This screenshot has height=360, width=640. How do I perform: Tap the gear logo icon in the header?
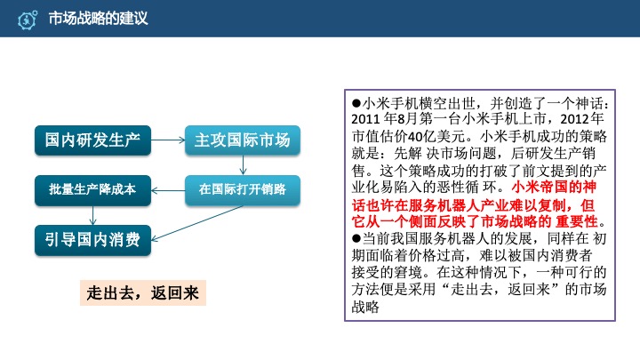pos(28,19)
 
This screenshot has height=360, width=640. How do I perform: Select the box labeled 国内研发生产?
pos(93,140)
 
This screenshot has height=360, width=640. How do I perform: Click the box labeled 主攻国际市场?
pos(243,140)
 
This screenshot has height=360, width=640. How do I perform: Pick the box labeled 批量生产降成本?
pos(93,188)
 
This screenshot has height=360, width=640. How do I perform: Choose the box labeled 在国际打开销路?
pos(243,188)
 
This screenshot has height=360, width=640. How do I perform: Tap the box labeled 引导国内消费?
pos(93,237)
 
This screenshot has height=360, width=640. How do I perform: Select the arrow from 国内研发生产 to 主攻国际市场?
pos(168,140)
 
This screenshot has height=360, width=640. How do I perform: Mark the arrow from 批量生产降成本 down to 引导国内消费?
pos(93,213)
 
